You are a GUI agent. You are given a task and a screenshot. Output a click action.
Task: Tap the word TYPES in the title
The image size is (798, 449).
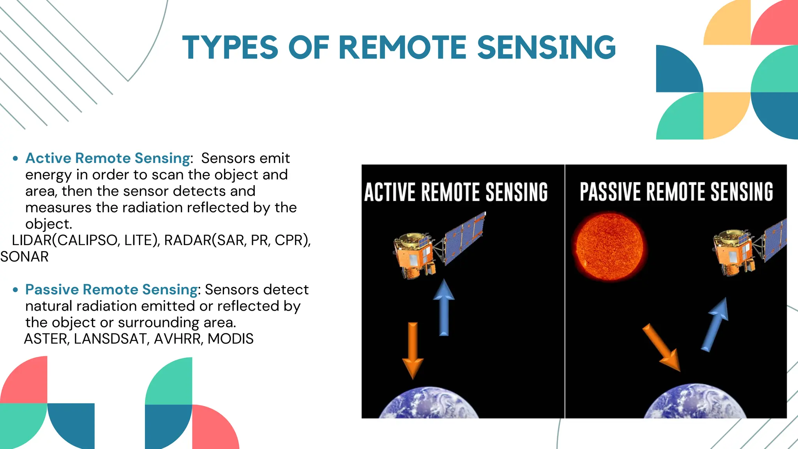click(230, 48)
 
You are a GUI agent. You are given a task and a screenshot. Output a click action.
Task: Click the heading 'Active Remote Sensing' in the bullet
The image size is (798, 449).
click(108, 158)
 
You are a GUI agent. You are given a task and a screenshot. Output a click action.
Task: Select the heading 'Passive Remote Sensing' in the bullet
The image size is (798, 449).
click(111, 290)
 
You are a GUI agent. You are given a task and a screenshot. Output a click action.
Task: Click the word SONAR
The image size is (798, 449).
click(25, 257)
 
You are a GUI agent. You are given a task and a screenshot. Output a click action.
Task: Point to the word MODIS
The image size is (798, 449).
click(230, 339)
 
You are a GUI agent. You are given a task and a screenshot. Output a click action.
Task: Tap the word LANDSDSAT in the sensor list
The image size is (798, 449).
click(109, 339)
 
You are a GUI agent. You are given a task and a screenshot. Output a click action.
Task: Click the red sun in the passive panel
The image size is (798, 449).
click(609, 246)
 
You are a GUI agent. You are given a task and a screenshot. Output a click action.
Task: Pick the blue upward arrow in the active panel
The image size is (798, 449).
click(444, 308)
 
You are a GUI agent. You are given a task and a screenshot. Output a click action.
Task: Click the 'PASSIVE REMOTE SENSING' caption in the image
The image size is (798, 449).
click(676, 192)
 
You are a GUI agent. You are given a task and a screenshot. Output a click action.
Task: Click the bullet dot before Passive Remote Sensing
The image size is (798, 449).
click(15, 290)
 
